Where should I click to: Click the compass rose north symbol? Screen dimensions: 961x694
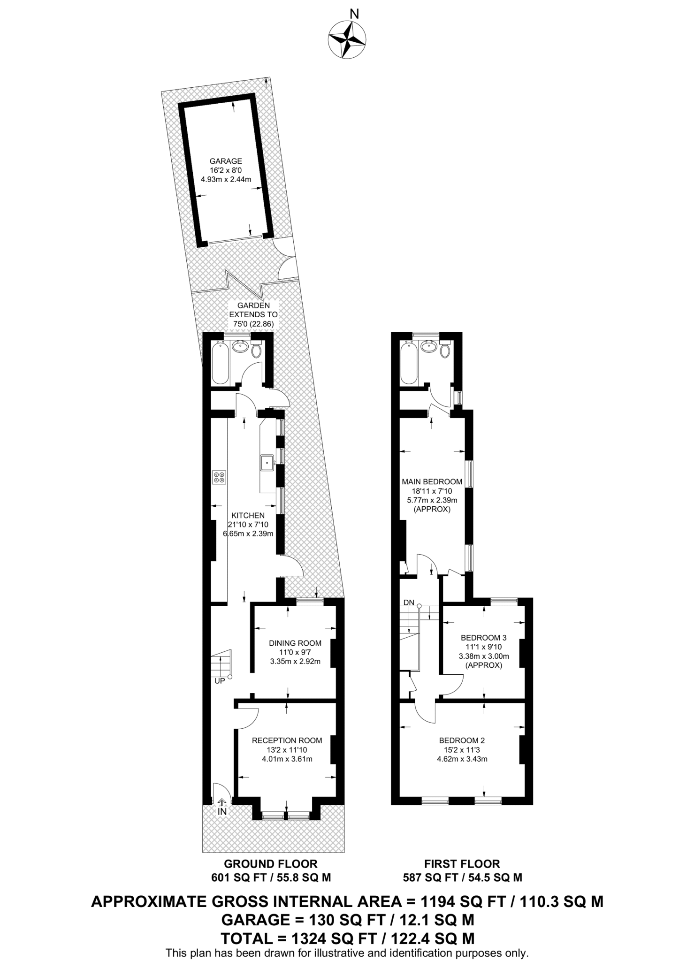(x=347, y=39)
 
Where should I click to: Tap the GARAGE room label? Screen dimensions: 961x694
(x=226, y=161)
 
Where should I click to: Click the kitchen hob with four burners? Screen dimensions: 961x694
(x=219, y=478)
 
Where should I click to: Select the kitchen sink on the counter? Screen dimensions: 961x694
(x=268, y=462)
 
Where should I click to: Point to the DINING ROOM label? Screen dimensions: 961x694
(x=295, y=643)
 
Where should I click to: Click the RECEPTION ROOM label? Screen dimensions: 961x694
(x=287, y=740)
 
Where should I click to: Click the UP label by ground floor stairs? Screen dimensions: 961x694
(x=220, y=680)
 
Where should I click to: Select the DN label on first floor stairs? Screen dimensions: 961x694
(x=408, y=603)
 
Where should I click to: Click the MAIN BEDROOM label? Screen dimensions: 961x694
(x=432, y=481)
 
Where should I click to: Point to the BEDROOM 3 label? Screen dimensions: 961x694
(x=483, y=637)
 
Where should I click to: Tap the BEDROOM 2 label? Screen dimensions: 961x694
(x=462, y=740)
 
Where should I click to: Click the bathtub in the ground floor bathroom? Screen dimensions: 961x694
(x=221, y=363)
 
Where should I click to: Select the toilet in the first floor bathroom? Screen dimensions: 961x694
(x=445, y=350)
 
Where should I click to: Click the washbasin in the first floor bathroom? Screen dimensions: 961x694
(x=428, y=347)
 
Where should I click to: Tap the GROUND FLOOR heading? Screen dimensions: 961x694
(x=270, y=863)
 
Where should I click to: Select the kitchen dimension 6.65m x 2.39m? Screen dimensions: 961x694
(x=248, y=534)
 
